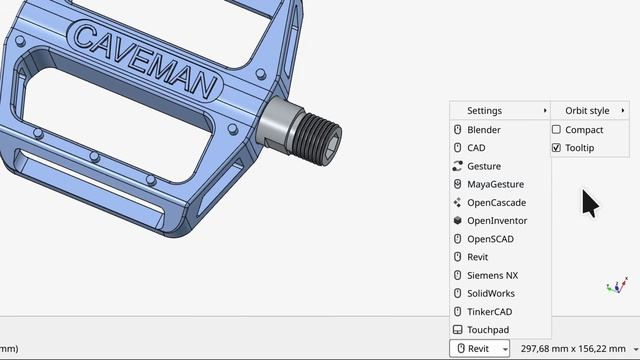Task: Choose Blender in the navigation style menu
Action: (x=484, y=130)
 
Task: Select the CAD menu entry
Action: (x=476, y=148)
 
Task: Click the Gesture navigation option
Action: (x=484, y=166)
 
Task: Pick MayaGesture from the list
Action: (x=495, y=184)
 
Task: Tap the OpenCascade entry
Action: (x=496, y=202)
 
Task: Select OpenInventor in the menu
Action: (x=497, y=220)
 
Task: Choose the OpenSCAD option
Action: (x=490, y=239)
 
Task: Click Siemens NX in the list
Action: (x=492, y=275)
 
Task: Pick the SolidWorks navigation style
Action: (x=491, y=293)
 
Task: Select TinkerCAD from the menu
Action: (x=489, y=311)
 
